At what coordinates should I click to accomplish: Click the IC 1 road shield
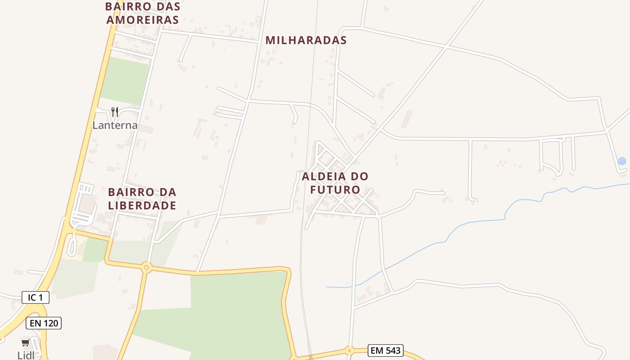coord(36,297)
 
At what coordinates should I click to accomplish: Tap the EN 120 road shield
coord(43,323)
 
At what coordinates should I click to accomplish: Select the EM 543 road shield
coord(385,351)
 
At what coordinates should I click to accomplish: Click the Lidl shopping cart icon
coord(25,343)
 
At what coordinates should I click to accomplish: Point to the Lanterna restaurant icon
coord(115,112)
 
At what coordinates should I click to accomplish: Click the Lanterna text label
coord(115,125)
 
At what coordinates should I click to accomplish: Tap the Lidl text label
coord(26,355)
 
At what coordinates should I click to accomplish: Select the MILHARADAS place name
coord(306,40)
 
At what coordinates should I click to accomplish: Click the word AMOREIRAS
coord(143,20)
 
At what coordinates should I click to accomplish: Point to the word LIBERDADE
coord(142,206)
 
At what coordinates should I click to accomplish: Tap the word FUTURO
coord(335,190)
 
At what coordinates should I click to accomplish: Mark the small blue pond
coord(622,161)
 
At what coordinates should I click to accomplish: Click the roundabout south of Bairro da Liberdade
coord(146,268)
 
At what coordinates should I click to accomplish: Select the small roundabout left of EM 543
coord(349,350)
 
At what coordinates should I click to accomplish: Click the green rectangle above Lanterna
coord(125,81)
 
